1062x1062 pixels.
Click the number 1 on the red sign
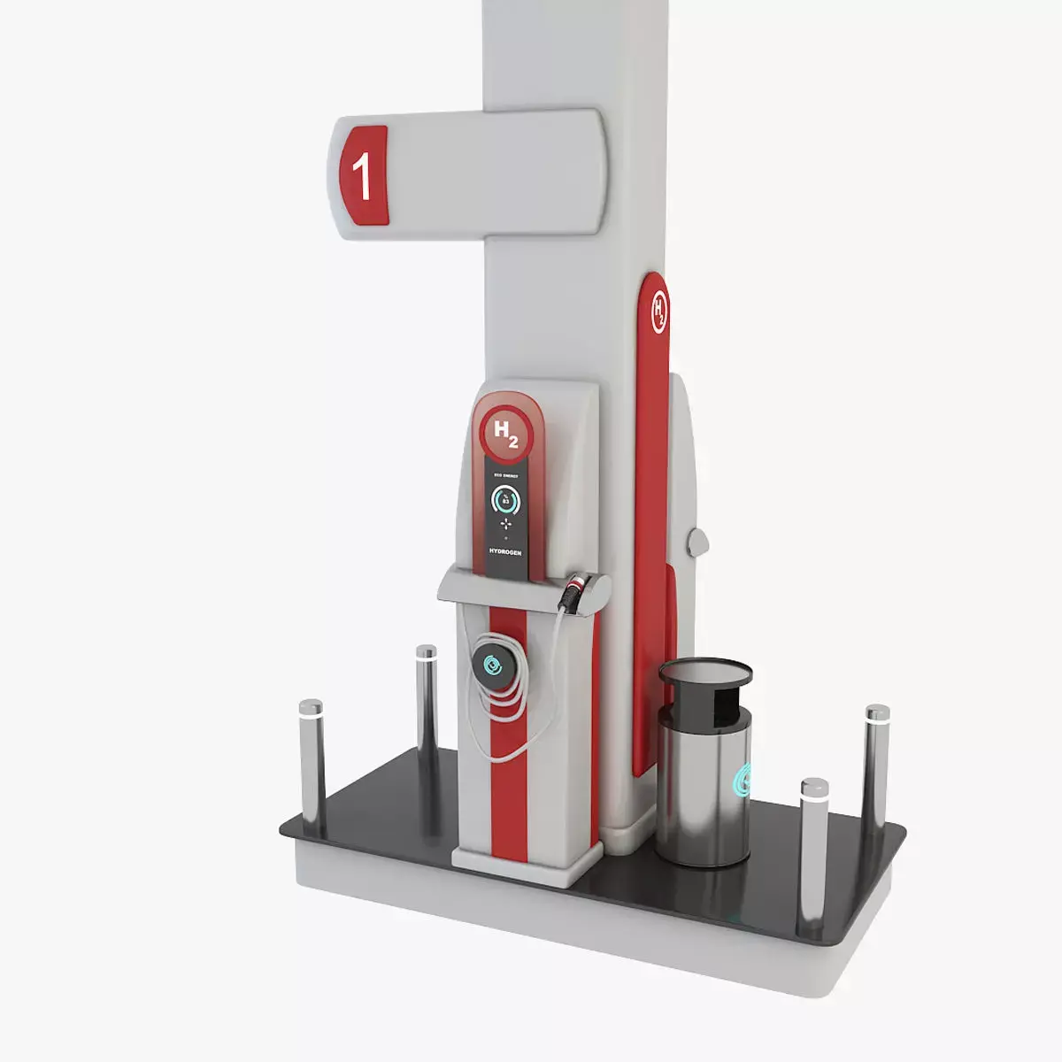tap(362, 175)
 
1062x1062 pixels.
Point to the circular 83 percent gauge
tap(506, 501)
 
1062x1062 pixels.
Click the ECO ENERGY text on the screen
tap(506, 475)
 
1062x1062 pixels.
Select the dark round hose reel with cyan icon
tap(492, 664)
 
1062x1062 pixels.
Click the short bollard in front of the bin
tap(812, 850)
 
